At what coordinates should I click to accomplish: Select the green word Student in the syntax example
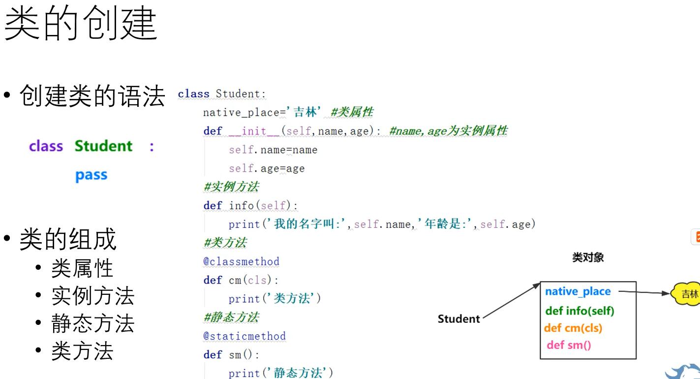point(103,146)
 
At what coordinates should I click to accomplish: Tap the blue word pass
point(91,175)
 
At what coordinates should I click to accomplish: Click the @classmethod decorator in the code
point(241,261)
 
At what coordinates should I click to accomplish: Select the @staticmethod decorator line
point(244,336)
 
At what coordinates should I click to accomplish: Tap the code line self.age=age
point(267,168)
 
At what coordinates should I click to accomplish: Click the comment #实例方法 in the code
point(231,187)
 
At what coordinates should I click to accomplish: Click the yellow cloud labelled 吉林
point(687,294)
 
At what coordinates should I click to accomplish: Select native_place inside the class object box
point(578,291)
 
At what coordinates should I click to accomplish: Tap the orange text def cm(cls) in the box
point(573,328)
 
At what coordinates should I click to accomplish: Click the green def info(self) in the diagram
point(579,311)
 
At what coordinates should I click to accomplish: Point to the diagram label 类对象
point(588,257)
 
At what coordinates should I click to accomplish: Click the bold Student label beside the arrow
point(458,319)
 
